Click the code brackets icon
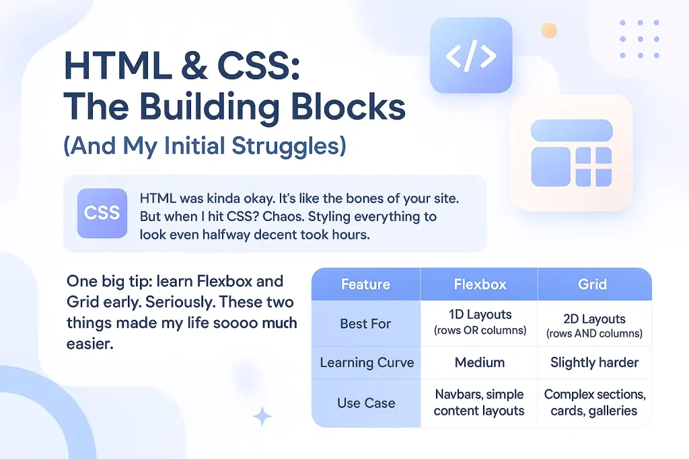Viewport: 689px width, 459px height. tap(471, 55)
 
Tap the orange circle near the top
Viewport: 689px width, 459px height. tap(549, 31)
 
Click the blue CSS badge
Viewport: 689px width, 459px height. tap(102, 213)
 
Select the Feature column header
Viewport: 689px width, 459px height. tap(366, 284)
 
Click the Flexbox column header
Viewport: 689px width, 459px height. tap(480, 284)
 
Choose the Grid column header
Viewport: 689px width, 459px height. tap(592, 284)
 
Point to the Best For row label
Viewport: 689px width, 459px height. tap(365, 324)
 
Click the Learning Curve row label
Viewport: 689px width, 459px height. tap(367, 362)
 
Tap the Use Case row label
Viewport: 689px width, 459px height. tap(366, 403)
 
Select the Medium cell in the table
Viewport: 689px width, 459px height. tap(479, 362)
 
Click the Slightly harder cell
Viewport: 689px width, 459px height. tap(595, 362)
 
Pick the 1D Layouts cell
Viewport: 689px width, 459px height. tap(480, 322)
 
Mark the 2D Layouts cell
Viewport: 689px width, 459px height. tap(595, 325)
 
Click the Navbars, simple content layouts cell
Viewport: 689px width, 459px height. tap(479, 403)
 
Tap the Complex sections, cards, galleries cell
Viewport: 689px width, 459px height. tap(595, 403)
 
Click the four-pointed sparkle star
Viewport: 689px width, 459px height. tap(262, 416)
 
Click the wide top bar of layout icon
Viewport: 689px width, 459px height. tap(572, 130)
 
